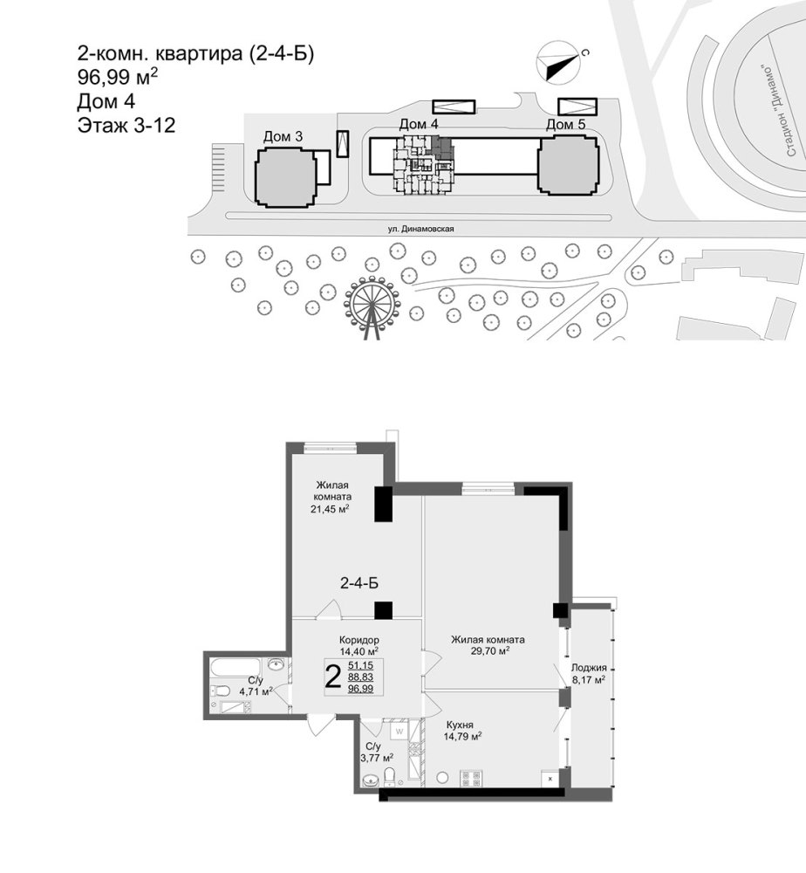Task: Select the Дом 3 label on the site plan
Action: coord(283,136)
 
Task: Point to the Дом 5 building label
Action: coord(565,124)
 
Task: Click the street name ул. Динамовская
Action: coord(421,229)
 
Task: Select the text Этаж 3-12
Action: coord(126,125)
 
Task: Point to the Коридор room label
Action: coord(359,640)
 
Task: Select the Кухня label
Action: coord(460,725)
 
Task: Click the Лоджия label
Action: coord(589,668)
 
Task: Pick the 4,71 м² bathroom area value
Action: coord(256,691)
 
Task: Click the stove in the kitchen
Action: coord(472,777)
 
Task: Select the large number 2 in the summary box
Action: coord(332,677)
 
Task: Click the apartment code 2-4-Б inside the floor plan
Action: coord(359,583)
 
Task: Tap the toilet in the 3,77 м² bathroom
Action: coord(390,776)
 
